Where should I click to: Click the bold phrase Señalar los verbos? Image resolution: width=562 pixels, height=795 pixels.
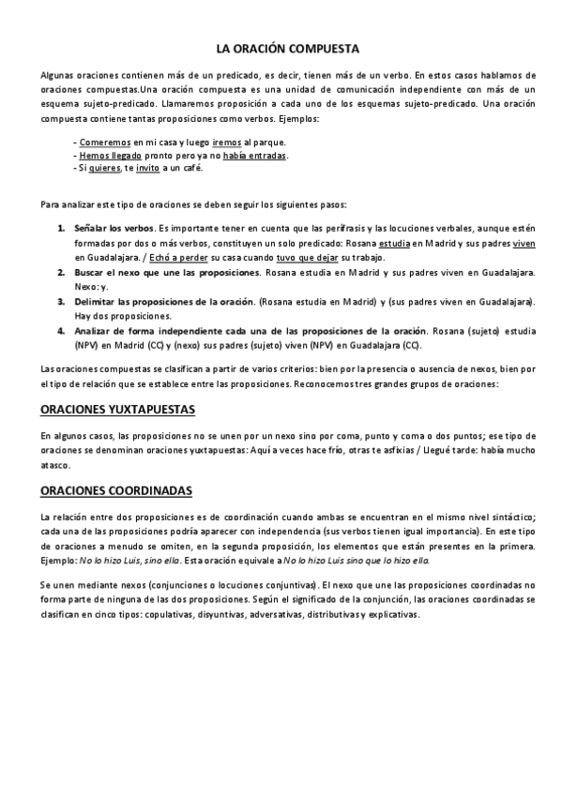point(114,229)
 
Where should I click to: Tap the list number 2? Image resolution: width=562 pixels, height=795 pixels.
point(62,272)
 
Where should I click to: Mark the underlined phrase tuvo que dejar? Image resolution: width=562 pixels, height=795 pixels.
point(305,258)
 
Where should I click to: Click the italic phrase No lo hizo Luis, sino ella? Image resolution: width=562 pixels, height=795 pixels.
point(129,560)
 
